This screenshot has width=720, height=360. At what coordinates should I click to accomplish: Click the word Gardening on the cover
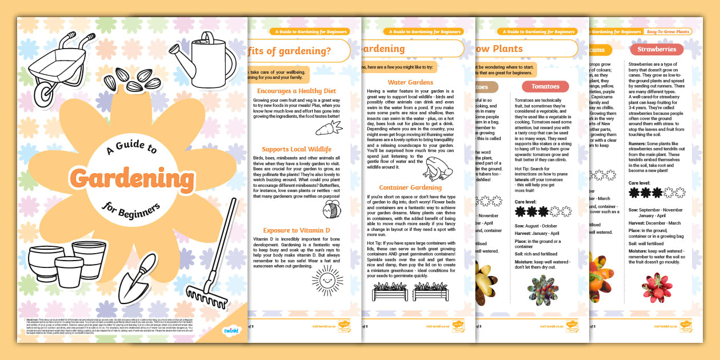(x=133, y=179)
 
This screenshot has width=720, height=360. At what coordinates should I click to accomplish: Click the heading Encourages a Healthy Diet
(x=296, y=91)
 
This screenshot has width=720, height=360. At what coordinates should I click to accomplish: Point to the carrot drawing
(x=329, y=128)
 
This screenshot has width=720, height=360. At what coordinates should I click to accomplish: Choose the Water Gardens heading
(x=410, y=82)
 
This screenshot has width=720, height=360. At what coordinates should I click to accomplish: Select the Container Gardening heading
(x=410, y=187)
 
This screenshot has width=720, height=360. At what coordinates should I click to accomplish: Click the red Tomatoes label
(x=545, y=86)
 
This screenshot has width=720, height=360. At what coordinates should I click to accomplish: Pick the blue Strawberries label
(x=657, y=49)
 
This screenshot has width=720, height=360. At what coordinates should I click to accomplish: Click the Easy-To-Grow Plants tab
(x=667, y=32)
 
